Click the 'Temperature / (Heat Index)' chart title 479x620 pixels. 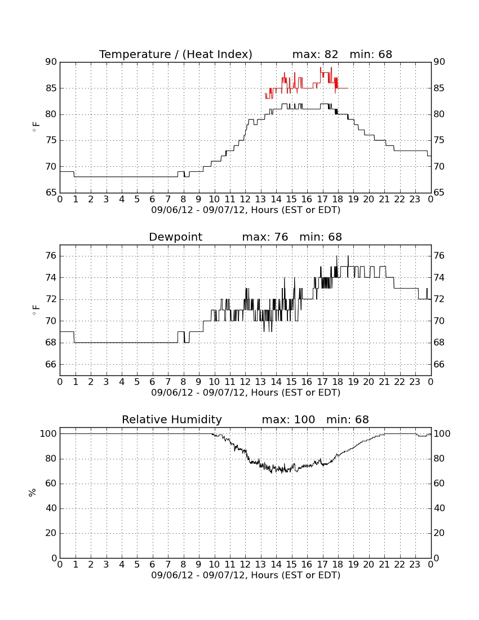pyautogui.click(x=175, y=55)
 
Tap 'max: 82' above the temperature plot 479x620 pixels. pyautogui.click(x=316, y=55)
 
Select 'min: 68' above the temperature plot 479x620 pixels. pyautogui.click(x=371, y=55)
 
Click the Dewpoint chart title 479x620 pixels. pyautogui.click(x=175, y=237)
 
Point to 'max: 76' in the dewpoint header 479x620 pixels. pyautogui.click(x=265, y=237)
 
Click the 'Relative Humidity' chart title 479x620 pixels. pyautogui.click(x=172, y=420)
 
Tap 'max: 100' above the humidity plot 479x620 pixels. pyautogui.click(x=289, y=420)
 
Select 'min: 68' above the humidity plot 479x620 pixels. pyautogui.click(x=347, y=420)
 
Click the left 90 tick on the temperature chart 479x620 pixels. pyautogui.click(x=51, y=62)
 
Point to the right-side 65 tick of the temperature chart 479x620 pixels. pyautogui.click(x=439, y=193)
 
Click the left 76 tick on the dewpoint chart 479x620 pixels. pyautogui.click(x=51, y=256)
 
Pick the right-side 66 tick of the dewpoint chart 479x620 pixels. pyautogui.click(x=439, y=364)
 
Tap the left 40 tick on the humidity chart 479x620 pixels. pyautogui.click(x=51, y=508)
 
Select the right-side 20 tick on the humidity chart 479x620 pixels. pyautogui.click(x=439, y=533)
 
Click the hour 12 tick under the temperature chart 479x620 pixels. pyautogui.click(x=245, y=200)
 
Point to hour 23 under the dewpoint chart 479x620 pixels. pyautogui.click(x=415, y=382)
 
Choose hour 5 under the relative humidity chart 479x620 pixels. pyautogui.click(x=137, y=565)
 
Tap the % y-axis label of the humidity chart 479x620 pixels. pyautogui.click(x=32, y=493)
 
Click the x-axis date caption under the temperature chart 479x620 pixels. pyautogui.click(x=246, y=210)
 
